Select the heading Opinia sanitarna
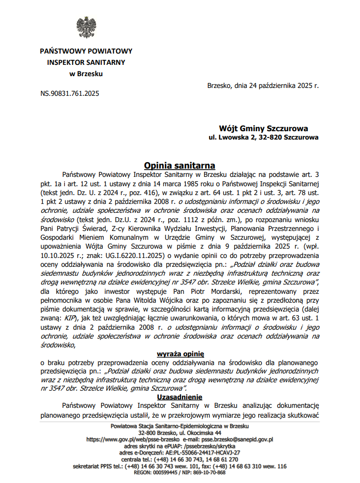180,166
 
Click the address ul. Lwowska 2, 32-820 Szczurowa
264,138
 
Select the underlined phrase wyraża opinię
180,353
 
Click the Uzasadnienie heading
180,397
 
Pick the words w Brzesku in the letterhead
86,74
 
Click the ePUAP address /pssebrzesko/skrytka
204,446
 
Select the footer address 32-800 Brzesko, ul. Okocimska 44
180,433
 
